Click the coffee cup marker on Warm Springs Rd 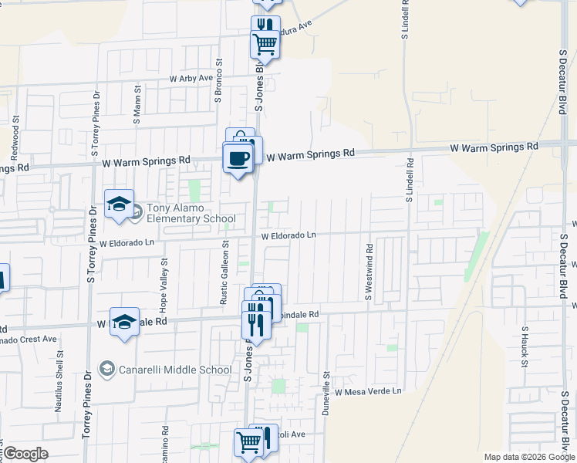pos(238,159)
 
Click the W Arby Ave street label pos(191,79)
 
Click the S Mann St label pos(137,106)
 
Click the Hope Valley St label pos(164,289)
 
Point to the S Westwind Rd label pos(369,272)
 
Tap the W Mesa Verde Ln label pos(368,391)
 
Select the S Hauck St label pos(524,344)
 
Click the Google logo pos(25,454)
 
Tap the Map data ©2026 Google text pos(528,457)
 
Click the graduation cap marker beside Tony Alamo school pos(120,204)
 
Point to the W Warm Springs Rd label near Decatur pos(494,147)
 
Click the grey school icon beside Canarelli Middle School pos(106,370)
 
